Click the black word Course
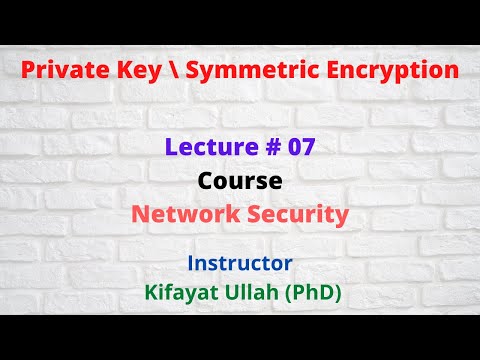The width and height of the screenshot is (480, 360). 239,183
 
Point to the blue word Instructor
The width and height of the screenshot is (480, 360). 239,263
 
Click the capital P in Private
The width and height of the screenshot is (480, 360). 27,71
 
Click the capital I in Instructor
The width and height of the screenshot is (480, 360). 190,263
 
